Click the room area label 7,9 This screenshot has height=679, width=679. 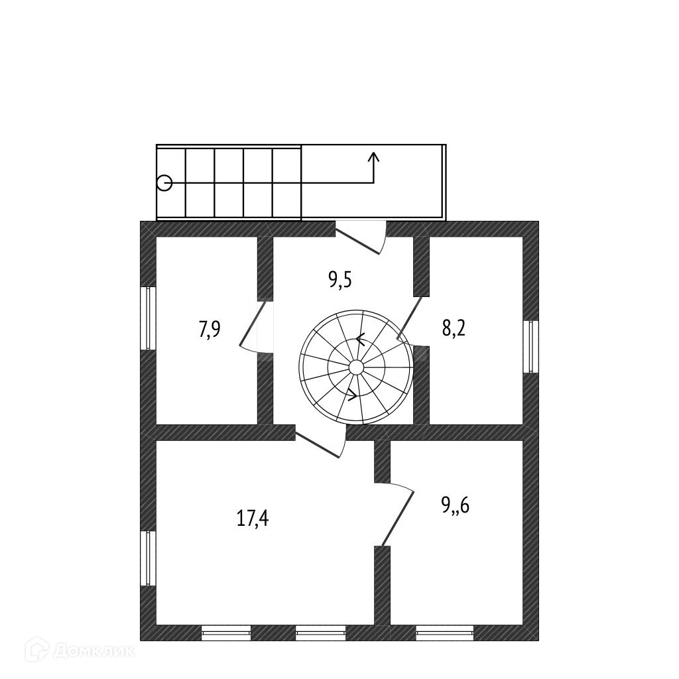click(210, 330)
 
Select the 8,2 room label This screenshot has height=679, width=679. click(454, 327)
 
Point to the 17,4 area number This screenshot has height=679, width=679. click(253, 518)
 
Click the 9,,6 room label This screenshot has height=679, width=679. click(456, 506)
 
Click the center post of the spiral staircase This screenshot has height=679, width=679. click(356, 367)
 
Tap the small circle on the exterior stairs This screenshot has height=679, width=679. click(164, 182)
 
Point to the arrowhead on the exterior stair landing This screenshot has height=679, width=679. click(374, 157)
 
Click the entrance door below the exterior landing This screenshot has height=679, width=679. click(360, 239)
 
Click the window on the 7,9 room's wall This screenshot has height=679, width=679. click(149, 318)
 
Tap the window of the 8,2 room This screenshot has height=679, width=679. click(530, 347)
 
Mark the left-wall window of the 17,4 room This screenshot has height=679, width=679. click(149, 558)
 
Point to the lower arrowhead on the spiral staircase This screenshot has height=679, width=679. click(352, 395)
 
